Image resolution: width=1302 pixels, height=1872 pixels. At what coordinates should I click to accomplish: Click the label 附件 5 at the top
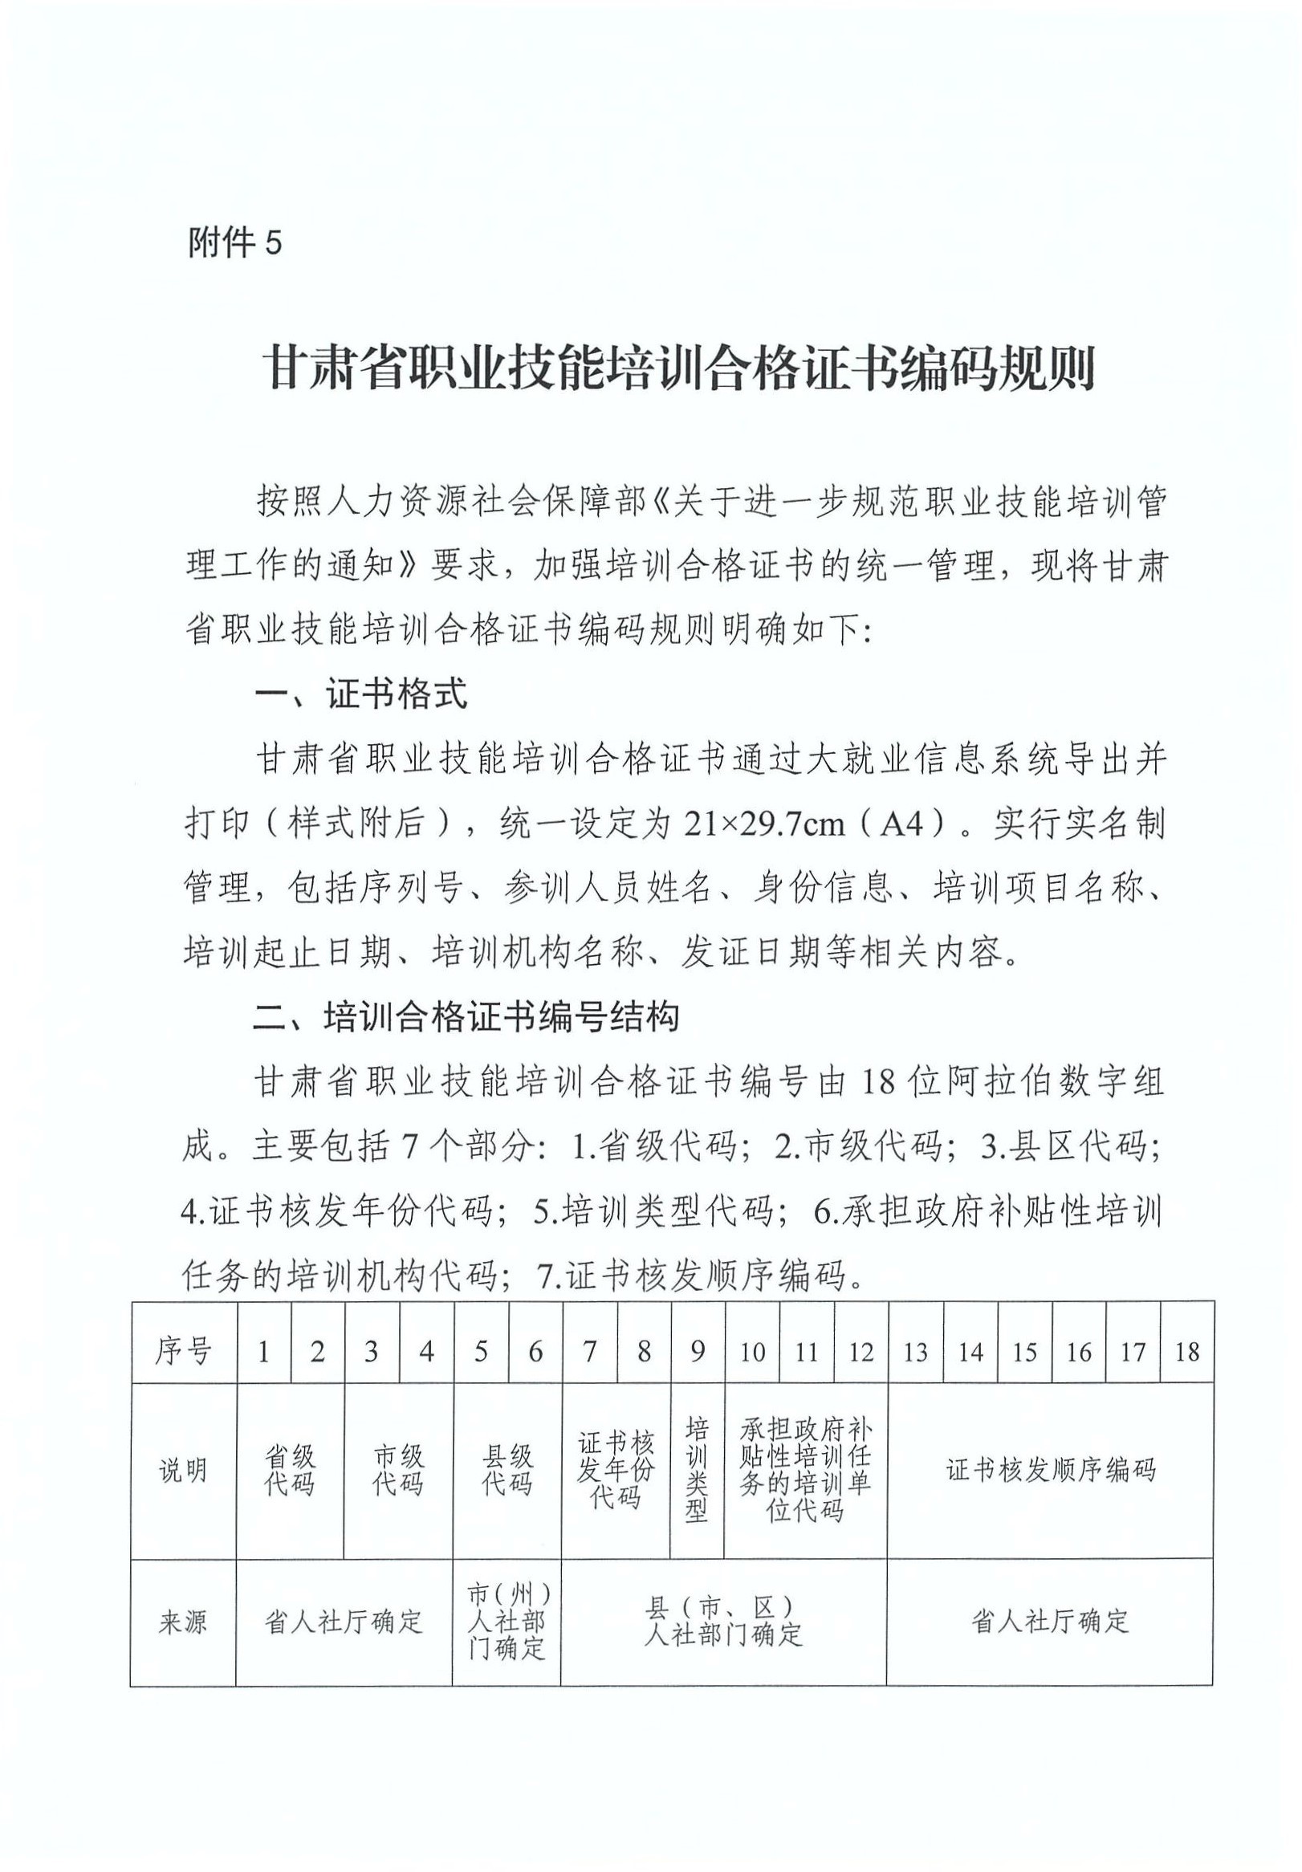235,242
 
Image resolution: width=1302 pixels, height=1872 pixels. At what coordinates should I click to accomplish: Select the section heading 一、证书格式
361,694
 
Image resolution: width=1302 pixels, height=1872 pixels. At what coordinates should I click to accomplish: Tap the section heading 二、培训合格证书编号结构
466,1017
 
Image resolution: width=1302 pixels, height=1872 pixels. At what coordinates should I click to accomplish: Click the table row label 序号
184,1352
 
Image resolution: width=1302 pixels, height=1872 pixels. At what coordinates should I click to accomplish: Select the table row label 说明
184,1470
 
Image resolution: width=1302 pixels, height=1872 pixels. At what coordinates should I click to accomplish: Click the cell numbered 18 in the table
1186,1352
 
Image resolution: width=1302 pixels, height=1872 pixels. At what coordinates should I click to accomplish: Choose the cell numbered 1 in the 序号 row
263,1352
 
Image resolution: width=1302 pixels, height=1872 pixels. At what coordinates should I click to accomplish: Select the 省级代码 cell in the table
290,1470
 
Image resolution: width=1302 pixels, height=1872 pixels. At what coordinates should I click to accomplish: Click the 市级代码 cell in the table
398,1470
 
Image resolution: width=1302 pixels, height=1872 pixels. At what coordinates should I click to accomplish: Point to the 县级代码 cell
507,1470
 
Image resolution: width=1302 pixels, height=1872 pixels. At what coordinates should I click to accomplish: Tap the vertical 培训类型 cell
697,1470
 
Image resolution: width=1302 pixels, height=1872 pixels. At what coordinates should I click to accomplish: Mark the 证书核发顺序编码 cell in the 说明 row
1050,1470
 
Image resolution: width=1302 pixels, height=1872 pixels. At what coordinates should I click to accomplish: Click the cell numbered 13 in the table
916,1352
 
